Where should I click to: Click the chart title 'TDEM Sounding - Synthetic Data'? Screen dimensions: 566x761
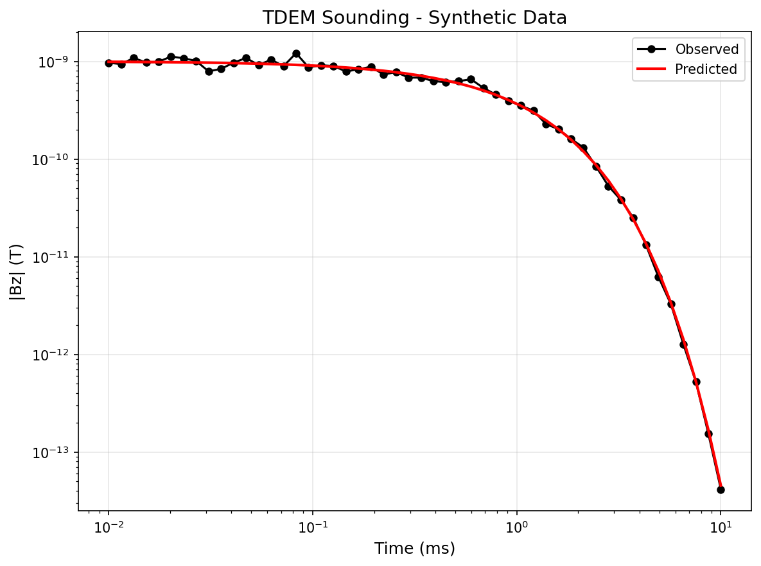click(415, 18)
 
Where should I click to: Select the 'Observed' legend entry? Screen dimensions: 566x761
click(706, 49)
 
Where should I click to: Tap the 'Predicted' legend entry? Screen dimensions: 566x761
click(705, 69)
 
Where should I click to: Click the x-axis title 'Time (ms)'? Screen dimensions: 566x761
click(415, 548)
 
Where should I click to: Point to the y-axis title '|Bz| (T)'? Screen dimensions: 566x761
click(17, 271)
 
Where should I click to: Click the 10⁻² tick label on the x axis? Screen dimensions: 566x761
click(109, 529)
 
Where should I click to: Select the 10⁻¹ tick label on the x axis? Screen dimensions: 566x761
click(313, 529)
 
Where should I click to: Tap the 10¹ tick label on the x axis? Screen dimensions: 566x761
click(721, 529)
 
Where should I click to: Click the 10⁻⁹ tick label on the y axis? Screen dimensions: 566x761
click(55, 62)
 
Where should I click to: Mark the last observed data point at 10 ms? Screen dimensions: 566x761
click(721, 490)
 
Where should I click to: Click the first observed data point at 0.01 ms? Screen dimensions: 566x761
click(109, 63)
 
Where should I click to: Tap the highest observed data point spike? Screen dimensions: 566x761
click(296, 54)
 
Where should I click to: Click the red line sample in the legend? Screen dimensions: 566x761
click(651, 69)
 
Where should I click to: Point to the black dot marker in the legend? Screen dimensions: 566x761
click(651, 49)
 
